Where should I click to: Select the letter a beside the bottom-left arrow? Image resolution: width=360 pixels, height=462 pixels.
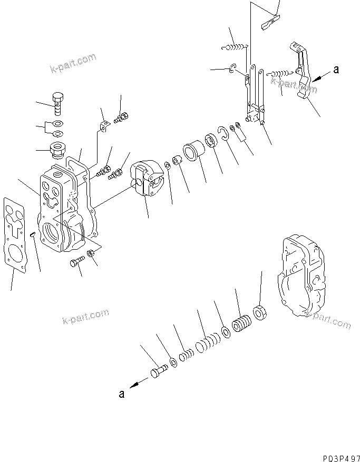(x=122, y=394)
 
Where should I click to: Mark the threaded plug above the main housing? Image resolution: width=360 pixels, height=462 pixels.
(x=57, y=149)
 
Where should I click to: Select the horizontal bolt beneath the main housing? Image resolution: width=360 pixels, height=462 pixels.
(x=76, y=262)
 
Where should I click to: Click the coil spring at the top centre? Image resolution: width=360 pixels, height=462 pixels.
(x=235, y=48)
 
